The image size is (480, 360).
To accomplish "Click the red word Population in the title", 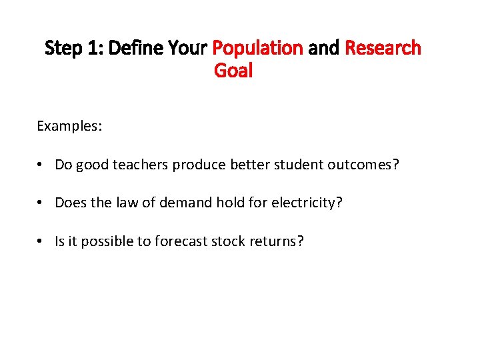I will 257,48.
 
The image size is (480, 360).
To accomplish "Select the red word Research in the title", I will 383,48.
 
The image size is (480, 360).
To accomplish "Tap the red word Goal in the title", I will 233,70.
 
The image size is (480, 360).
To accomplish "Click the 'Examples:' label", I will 69,126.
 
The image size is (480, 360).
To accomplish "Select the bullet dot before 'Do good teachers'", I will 41,165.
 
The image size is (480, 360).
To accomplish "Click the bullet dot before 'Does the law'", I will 41,203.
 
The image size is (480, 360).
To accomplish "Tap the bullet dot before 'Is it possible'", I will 41,241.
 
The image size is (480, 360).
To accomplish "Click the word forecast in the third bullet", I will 181,241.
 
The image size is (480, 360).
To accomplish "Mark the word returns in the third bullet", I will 276,241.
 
